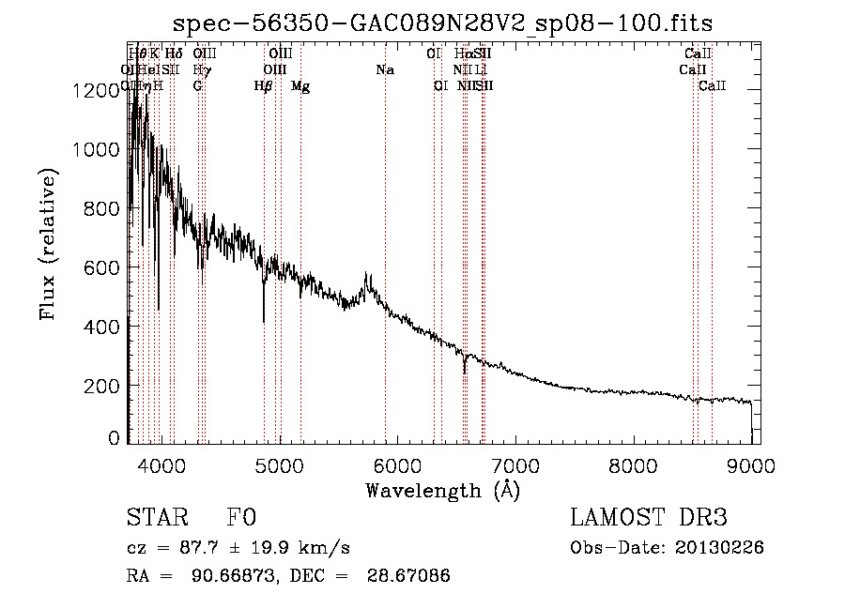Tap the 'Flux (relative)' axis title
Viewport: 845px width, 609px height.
[50, 244]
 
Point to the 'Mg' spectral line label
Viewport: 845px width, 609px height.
[300, 86]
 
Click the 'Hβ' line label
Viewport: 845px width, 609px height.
[263, 86]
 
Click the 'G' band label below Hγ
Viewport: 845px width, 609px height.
[197, 86]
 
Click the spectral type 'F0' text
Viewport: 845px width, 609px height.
[241, 518]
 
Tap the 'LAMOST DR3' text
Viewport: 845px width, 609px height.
[649, 518]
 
